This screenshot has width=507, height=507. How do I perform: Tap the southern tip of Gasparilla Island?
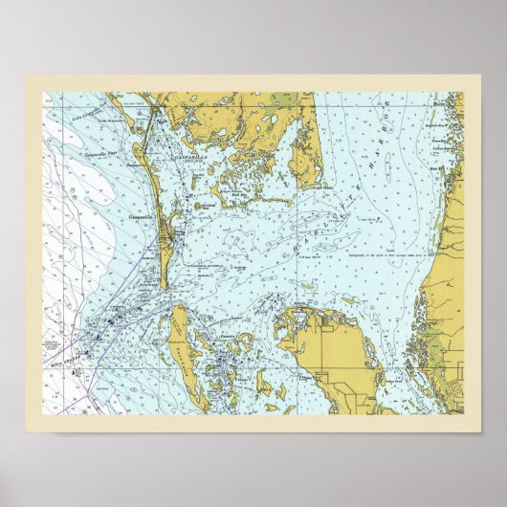pyautogui.click(x=164, y=287)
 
